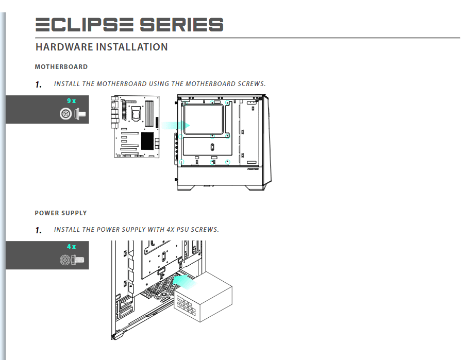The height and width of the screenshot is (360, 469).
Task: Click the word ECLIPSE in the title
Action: (85, 25)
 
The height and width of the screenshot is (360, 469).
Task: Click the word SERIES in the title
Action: (181, 25)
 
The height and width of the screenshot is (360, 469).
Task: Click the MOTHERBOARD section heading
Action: (61, 66)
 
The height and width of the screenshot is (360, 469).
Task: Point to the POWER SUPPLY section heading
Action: (61, 213)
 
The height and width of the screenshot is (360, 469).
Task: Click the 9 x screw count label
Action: (72, 101)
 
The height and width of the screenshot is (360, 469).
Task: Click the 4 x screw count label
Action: (72, 246)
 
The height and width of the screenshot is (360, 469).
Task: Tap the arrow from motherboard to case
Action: (176, 125)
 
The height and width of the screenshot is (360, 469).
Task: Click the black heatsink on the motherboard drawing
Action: (147, 141)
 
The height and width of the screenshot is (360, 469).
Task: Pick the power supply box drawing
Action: (203, 297)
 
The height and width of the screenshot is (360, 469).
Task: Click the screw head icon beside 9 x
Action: (65, 114)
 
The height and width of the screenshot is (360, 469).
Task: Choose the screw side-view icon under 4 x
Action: (78, 260)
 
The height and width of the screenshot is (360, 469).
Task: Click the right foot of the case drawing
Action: (255, 188)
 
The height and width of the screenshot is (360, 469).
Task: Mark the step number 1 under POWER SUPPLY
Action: (38, 231)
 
